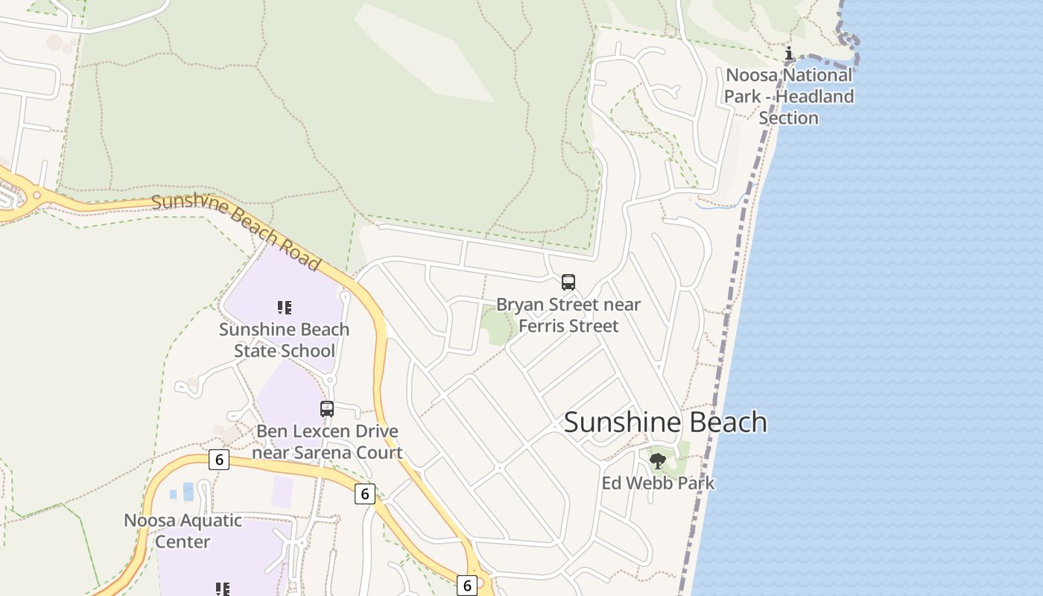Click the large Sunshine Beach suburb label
(x=665, y=422)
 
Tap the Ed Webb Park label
(x=658, y=484)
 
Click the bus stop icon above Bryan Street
(x=568, y=282)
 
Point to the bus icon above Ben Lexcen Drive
(x=327, y=409)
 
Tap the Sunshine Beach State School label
(x=284, y=340)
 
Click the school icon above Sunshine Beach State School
(x=284, y=308)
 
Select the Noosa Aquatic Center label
(x=183, y=530)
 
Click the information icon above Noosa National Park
(x=789, y=53)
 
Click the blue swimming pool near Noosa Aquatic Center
(x=188, y=492)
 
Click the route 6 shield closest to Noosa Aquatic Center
(x=218, y=460)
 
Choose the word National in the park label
(x=814, y=75)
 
